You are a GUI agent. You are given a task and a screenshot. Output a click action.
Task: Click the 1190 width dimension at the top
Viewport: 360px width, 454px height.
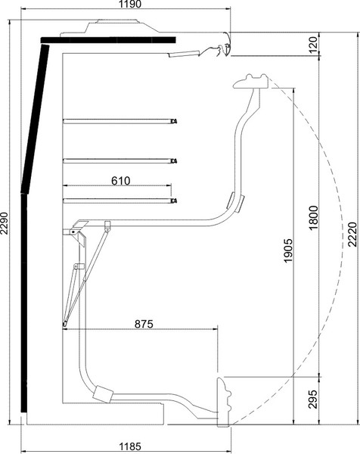pyautogui.click(x=130, y=4)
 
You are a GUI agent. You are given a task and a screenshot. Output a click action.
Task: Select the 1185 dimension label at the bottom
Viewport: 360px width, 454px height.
pyautogui.click(x=130, y=446)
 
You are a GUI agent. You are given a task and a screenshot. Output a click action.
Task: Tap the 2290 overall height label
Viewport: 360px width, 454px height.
pyautogui.click(x=4, y=223)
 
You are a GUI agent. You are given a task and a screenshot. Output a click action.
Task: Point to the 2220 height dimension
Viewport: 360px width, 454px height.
pyautogui.click(x=352, y=235)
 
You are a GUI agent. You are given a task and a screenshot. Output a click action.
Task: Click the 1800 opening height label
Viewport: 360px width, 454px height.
pyautogui.click(x=313, y=218)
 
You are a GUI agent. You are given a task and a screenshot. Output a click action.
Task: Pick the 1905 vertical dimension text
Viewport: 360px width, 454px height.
pyautogui.click(x=288, y=250)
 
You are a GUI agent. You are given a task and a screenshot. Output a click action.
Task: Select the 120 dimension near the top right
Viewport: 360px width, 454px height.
pyautogui.click(x=313, y=45)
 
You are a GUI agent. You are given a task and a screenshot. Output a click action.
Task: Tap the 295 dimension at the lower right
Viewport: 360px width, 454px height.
pyautogui.click(x=313, y=399)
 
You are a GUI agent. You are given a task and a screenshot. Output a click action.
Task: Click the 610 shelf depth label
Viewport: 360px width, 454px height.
pyautogui.click(x=121, y=181)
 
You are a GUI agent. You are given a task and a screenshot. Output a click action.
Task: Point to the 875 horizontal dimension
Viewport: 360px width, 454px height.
pyautogui.click(x=144, y=324)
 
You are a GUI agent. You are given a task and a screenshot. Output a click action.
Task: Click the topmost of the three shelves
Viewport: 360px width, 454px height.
pyautogui.click(x=119, y=121)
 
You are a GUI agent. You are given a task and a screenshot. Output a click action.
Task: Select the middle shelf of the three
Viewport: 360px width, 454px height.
pyautogui.click(x=119, y=160)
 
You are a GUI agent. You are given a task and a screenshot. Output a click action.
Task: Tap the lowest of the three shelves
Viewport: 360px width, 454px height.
pyautogui.click(x=119, y=201)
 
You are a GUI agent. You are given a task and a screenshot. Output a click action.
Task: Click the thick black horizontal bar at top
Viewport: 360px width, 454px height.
pyautogui.click(x=108, y=40)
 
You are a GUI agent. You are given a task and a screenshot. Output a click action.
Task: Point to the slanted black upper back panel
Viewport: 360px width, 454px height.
pyautogui.click(x=36, y=118)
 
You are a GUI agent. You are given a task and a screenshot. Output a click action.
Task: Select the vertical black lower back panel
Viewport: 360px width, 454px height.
pyautogui.click(x=24, y=303)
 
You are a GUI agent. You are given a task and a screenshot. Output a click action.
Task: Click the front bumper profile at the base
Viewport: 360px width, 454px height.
pyautogui.click(x=225, y=402)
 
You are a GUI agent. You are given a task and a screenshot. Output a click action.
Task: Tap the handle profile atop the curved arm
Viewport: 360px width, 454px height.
pyautogui.click(x=251, y=82)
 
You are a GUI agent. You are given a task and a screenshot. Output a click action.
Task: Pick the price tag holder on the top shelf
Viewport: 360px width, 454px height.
pyautogui.click(x=174, y=121)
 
